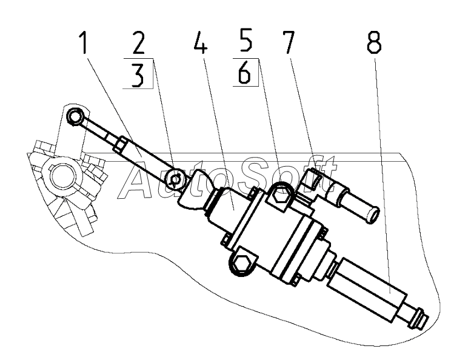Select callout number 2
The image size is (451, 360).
click(139, 45)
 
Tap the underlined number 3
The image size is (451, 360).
click(139, 78)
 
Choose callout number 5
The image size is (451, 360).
click(246, 45)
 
